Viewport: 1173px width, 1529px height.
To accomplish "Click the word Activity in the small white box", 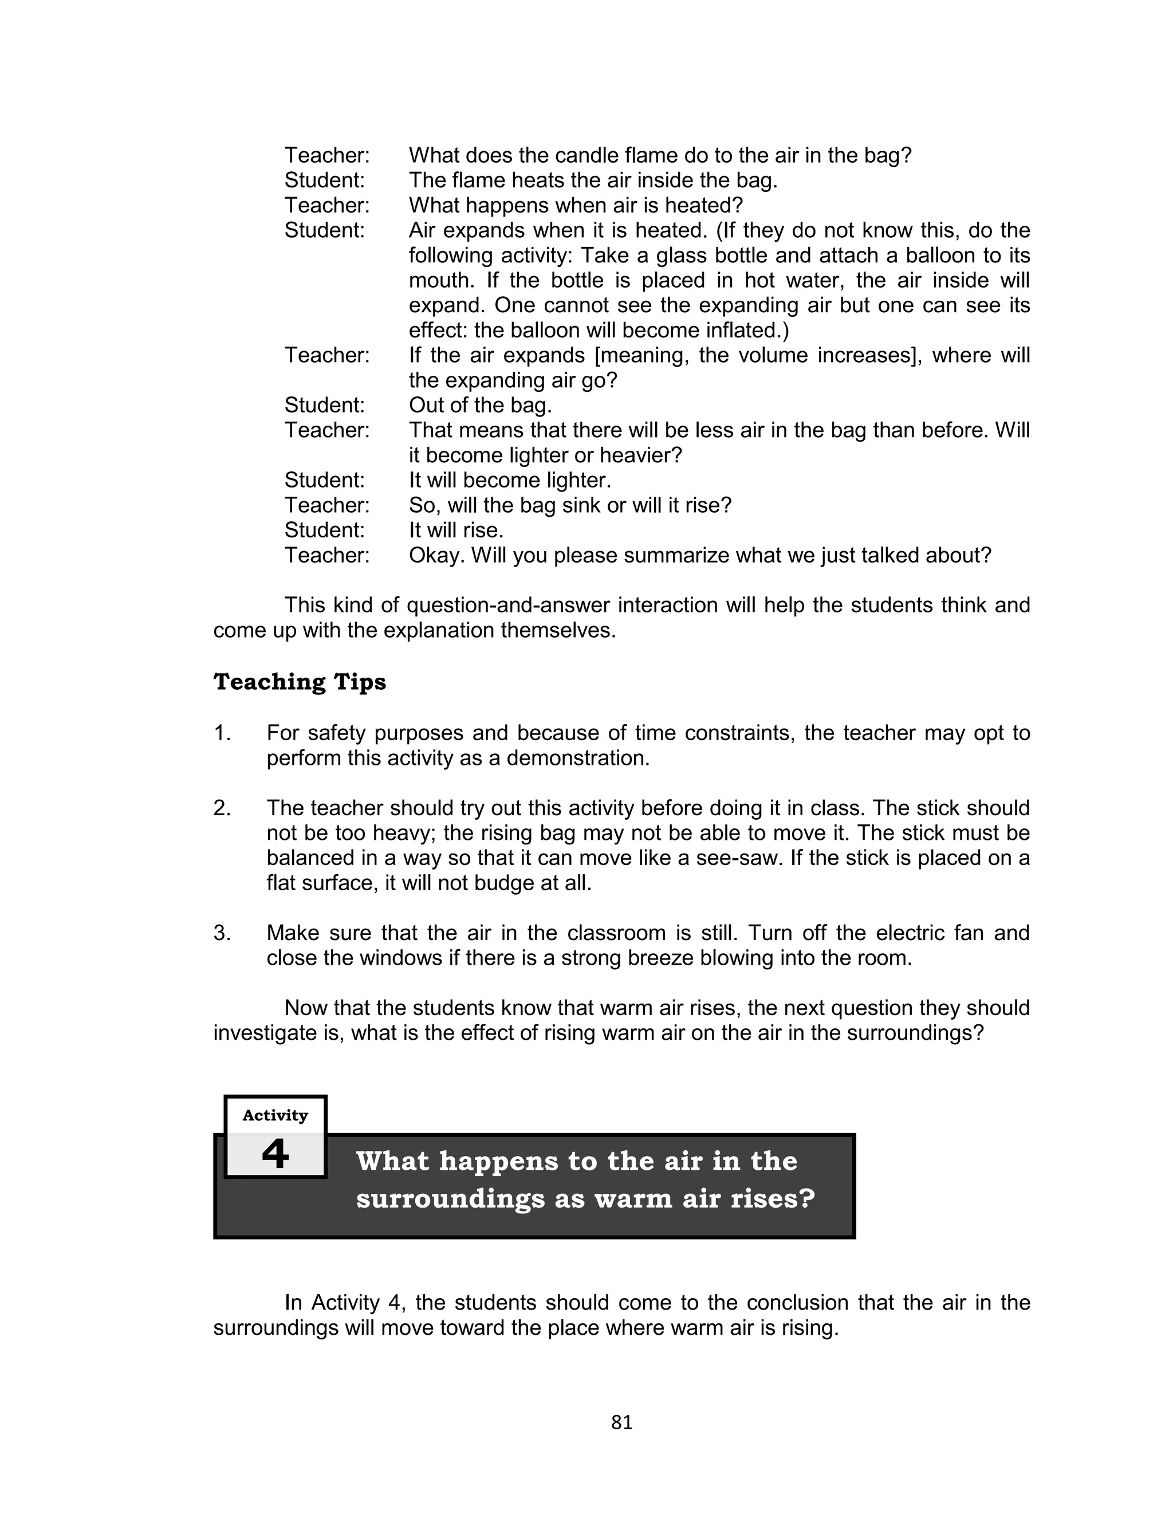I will [x=275, y=1115].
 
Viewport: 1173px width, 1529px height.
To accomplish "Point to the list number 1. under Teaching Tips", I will [x=222, y=733].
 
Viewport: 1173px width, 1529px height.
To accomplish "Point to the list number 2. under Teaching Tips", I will [x=222, y=808].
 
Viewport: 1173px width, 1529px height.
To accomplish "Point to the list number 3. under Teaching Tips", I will [x=222, y=933].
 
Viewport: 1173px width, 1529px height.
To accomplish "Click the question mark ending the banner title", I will [x=808, y=1199].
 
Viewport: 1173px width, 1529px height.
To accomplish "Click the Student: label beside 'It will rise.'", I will [x=325, y=530].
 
